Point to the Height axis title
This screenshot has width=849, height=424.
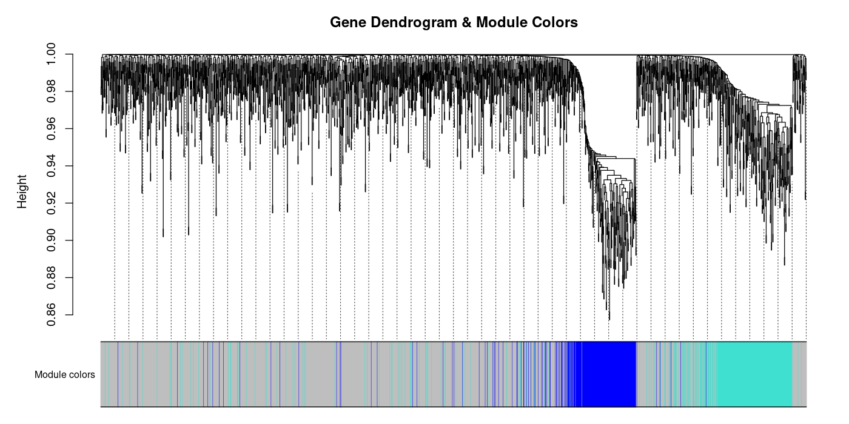point(22,191)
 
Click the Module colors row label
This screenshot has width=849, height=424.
point(64,375)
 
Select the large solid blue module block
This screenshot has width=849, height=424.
point(609,374)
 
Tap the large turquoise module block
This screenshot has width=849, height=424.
point(755,374)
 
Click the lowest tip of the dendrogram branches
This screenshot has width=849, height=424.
point(609,320)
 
